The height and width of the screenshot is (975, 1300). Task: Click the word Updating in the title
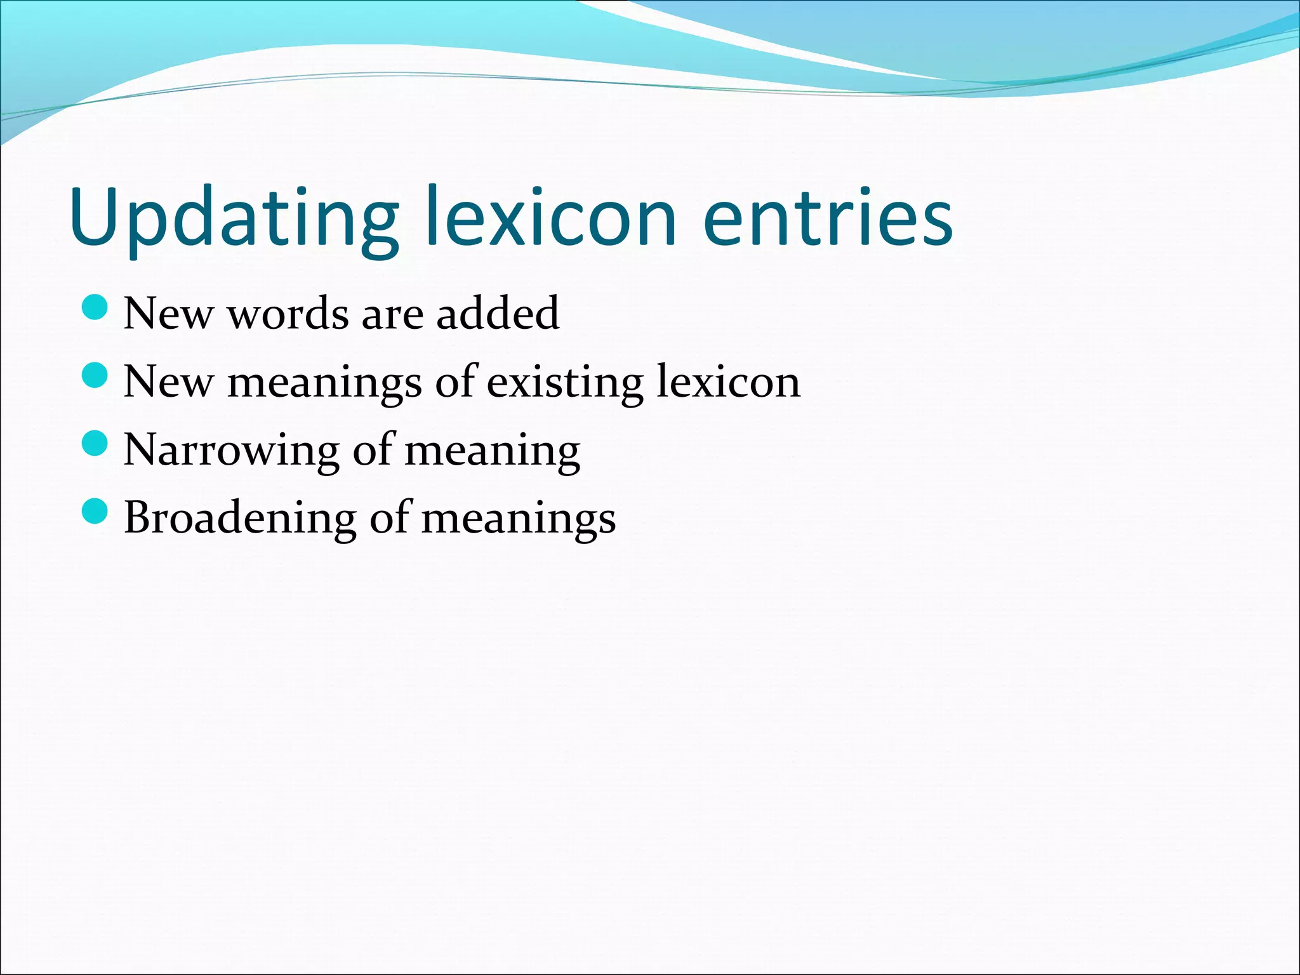click(x=234, y=217)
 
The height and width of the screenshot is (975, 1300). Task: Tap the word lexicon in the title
click(x=551, y=217)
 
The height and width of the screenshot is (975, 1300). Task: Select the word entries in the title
click(x=828, y=217)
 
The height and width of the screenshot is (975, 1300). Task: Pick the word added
click(x=498, y=314)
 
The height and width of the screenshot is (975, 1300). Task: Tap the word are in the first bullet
click(x=392, y=315)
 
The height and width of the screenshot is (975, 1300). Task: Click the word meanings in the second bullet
click(x=324, y=383)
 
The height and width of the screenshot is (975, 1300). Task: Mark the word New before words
click(x=168, y=314)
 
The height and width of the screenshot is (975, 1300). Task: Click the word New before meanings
click(x=168, y=382)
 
